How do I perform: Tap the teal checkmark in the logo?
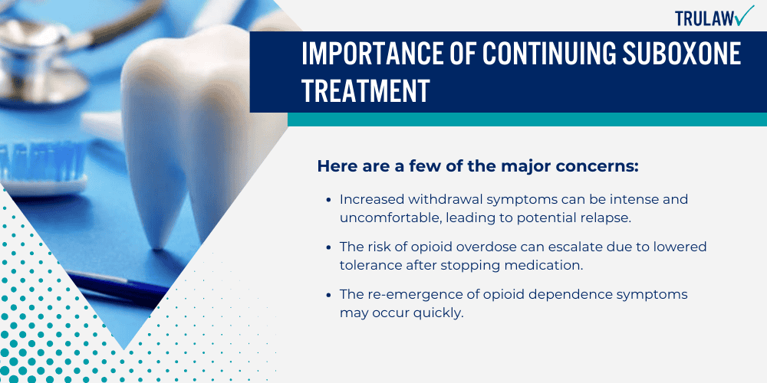tap(743, 15)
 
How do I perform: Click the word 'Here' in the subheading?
tap(334, 165)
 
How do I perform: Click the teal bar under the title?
tap(527, 119)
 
